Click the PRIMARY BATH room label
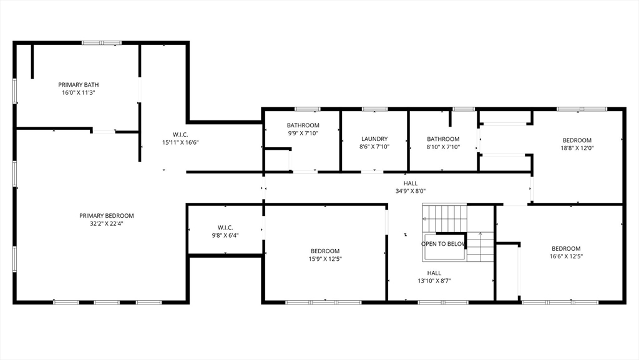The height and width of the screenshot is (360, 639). tap(78, 85)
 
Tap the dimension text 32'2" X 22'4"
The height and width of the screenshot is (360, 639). tap(106, 223)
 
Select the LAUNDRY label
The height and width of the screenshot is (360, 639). tap(374, 139)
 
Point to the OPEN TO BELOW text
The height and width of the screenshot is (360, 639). tap(443, 244)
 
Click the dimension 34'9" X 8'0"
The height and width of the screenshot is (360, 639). tap(411, 191)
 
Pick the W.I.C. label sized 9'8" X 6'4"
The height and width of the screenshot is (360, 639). tap(225, 228)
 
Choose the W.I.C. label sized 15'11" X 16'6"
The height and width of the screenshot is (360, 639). tap(180, 135)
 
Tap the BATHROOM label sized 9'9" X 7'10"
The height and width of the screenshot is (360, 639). tap(303, 125)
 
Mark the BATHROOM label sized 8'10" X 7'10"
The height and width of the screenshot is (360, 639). tap(443, 139)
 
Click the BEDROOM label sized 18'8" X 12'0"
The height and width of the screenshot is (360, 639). tap(577, 140)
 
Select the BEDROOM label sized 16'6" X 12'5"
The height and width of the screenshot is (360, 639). tap(566, 249)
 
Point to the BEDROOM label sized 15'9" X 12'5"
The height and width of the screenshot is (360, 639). tap(324, 251)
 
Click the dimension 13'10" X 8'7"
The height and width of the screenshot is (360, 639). tap(434, 281)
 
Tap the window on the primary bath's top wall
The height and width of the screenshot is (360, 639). tap(102, 43)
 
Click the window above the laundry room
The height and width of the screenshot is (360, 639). tap(374, 109)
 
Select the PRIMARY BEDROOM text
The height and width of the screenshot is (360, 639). tap(106, 216)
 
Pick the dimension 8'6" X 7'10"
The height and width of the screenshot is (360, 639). tap(374, 147)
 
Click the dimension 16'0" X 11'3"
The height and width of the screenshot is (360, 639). tap(78, 92)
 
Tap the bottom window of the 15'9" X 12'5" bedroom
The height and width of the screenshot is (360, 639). tap(324, 303)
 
